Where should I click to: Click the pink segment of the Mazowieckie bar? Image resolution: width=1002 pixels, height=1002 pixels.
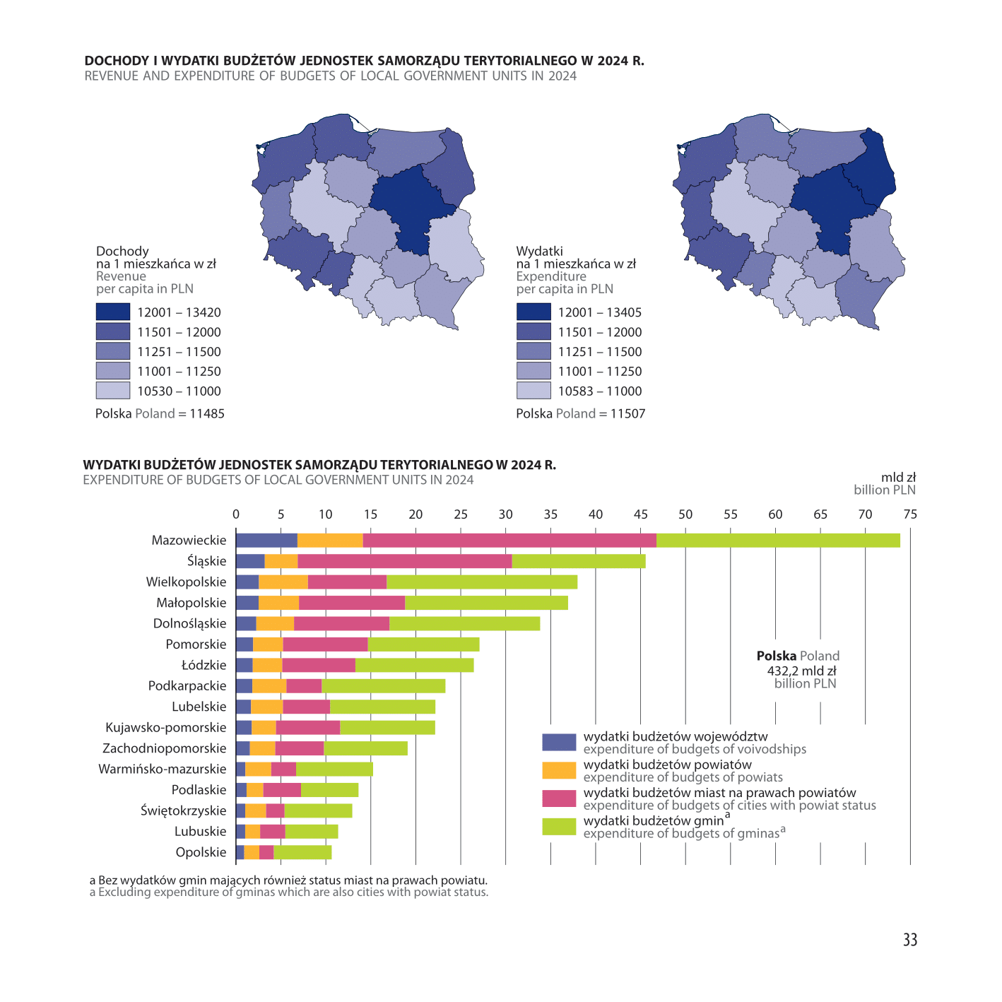coord(509,541)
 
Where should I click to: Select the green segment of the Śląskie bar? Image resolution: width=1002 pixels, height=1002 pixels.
coord(578,561)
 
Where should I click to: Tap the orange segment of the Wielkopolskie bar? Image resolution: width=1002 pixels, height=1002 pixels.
coord(283,582)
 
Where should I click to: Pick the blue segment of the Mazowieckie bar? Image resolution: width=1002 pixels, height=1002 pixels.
coord(266,541)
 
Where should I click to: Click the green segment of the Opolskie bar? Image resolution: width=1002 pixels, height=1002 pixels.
coord(302,852)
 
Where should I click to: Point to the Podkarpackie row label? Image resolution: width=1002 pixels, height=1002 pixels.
coord(187,686)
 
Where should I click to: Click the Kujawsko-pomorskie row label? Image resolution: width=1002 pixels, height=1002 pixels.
coord(166,727)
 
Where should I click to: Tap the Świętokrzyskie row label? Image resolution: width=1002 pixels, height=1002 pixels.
coord(184,811)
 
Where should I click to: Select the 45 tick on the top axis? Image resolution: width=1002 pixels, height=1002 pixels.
coord(641,514)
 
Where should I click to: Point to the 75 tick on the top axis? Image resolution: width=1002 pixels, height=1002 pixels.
coord(910,514)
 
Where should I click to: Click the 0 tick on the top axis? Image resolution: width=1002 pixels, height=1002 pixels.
coord(236,514)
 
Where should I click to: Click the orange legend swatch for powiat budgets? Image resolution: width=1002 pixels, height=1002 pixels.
coord(559,770)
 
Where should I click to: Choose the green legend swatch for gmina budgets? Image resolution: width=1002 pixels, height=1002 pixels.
coord(559,826)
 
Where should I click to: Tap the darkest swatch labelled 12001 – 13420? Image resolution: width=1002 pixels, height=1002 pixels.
coord(113,312)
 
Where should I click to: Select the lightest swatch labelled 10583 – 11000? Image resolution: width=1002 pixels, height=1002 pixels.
coord(534,391)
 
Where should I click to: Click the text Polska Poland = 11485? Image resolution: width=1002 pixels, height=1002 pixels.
coord(160,414)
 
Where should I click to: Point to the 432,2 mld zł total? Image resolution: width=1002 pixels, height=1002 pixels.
coord(801,671)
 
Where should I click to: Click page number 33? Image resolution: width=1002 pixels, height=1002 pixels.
coord(910,940)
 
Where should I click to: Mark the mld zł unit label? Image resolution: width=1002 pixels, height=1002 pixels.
coord(898,478)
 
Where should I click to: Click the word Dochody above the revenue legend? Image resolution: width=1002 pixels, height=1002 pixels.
coord(122,251)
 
